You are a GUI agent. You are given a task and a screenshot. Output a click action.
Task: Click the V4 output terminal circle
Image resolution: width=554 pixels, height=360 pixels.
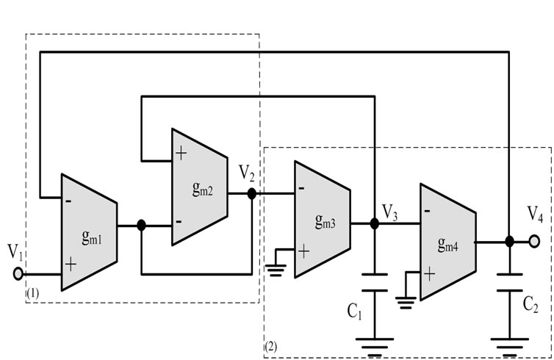535,241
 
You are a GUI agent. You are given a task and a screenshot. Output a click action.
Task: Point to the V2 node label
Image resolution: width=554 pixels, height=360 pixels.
248,174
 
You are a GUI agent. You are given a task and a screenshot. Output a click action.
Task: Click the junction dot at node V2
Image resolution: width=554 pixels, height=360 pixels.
252,194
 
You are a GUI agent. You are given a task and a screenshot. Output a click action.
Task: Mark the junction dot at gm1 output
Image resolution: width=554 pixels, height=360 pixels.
142,226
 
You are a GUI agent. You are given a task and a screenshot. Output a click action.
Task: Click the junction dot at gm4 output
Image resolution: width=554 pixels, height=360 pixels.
509,241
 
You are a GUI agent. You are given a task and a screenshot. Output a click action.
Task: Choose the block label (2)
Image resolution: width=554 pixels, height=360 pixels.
270,344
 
